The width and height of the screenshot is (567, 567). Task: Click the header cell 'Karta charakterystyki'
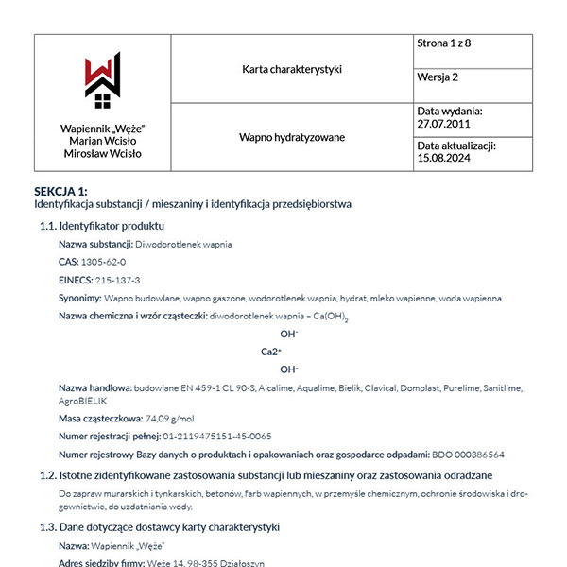tap(291, 69)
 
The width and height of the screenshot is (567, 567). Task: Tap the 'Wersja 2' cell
tap(438, 77)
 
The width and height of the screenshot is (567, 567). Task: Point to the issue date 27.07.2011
tap(443, 124)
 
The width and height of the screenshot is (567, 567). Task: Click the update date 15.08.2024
tap(443, 159)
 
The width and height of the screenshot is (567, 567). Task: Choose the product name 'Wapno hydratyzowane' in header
tap(291, 137)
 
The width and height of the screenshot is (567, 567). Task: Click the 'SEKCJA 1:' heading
tap(60, 191)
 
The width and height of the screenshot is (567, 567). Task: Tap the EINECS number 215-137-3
tap(116, 280)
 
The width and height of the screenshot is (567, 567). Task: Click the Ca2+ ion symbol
tap(272, 352)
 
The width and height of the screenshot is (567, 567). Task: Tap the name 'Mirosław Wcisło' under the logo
tap(102, 153)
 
